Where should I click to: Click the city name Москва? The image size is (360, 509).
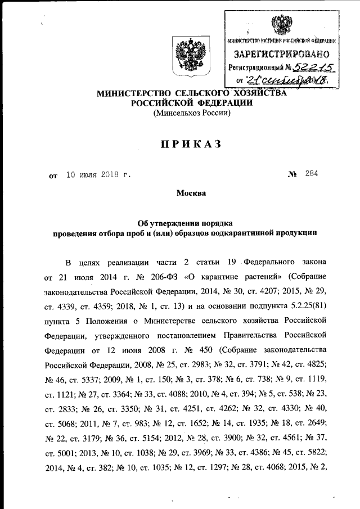pyautogui.click(x=192, y=193)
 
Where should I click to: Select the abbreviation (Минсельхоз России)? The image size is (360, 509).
pyautogui.click(x=192, y=113)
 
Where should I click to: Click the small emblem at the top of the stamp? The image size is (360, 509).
pyautogui.click(x=278, y=25)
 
